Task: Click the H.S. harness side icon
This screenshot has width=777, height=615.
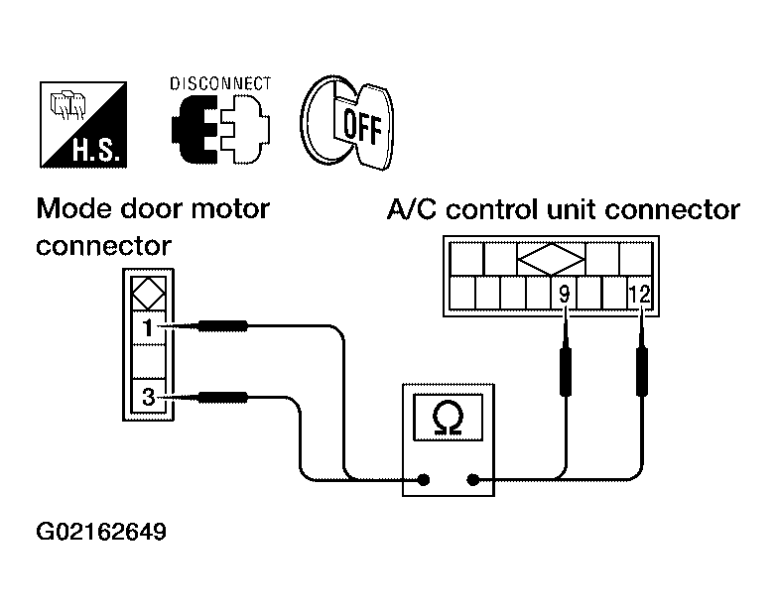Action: pyautogui.click(x=83, y=125)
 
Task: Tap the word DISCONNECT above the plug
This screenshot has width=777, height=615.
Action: pyautogui.click(x=220, y=83)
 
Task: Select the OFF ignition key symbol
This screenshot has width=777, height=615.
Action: pyautogui.click(x=347, y=123)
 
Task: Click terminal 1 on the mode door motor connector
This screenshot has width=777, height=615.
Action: pyautogui.click(x=148, y=327)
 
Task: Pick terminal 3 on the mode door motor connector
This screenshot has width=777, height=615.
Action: pyautogui.click(x=148, y=397)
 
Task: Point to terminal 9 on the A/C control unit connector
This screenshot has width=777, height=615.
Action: pyautogui.click(x=564, y=295)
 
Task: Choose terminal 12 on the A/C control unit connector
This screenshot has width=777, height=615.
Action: pyautogui.click(x=639, y=295)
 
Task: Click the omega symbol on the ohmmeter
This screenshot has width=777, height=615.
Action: pyautogui.click(x=448, y=418)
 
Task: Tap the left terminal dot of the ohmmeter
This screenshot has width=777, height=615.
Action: pyautogui.click(x=423, y=479)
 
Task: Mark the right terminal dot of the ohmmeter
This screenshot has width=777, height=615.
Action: pyautogui.click(x=473, y=479)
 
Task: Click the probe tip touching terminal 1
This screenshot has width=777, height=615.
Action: pyautogui.click(x=170, y=325)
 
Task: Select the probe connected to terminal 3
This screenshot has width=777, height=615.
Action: pyautogui.click(x=208, y=397)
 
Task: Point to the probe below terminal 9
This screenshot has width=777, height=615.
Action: pyautogui.click(x=565, y=356)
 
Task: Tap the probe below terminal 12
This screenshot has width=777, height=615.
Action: pyautogui.click(x=642, y=356)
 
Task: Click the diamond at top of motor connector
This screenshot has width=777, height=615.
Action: pyautogui.click(x=149, y=294)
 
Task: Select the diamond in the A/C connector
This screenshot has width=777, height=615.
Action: pyautogui.click(x=551, y=259)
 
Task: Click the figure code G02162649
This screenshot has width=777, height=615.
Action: pyautogui.click(x=101, y=533)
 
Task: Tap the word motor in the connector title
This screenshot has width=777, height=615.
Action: pyautogui.click(x=230, y=209)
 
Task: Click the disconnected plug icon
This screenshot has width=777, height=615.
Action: pyautogui.click(x=221, y=130)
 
